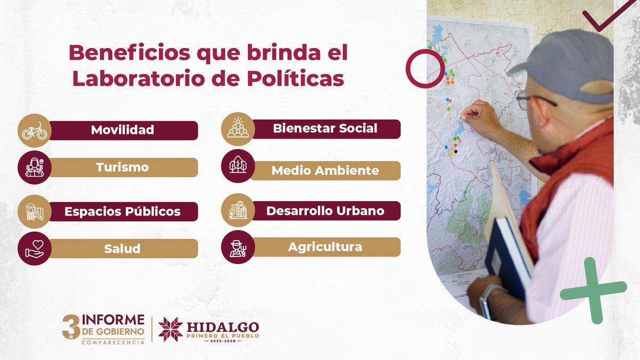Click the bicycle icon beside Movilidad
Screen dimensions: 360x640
click(x=34, y=130)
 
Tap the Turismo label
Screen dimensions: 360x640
click(x=122, y=167)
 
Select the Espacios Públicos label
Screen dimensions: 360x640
click(x=122, y=211)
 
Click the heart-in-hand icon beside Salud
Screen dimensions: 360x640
click(x=34, y=249)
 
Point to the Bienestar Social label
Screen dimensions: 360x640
click(x=325, y=129)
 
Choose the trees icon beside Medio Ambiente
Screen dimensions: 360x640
click(x=237, y=165)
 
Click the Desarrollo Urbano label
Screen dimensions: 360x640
click(x=325, y=211)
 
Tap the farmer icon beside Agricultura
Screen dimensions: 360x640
click(x=237, y=247)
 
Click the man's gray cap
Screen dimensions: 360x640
click(x=565, y=64)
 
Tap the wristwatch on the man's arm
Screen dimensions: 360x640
click(x=485, y=301)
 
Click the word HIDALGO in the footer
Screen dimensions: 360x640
click(x=223, y=326)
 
